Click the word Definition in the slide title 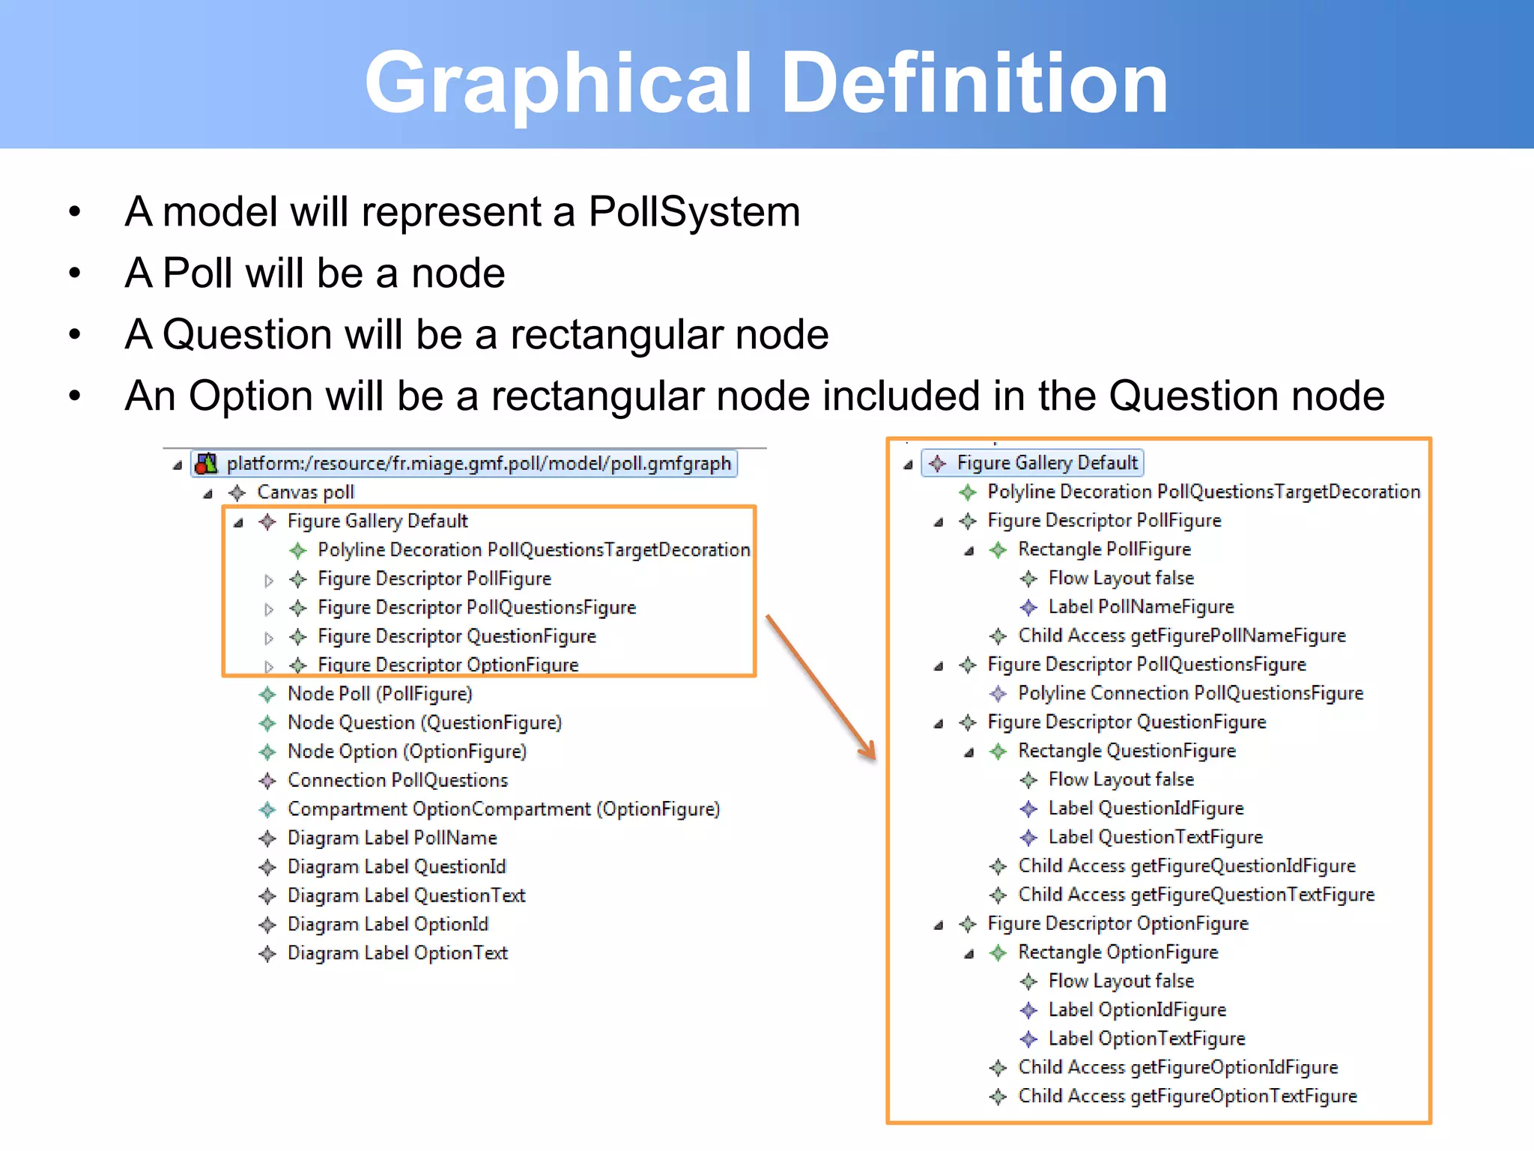coord(974,82)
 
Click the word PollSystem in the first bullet coord(694,211)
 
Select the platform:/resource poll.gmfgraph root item coord(478,464)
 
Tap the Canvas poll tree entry coord(305,492)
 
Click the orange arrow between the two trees coord(821,686)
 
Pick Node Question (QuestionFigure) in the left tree coord(424,723)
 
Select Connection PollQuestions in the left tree coord(397,781)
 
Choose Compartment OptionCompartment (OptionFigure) coord(503,809)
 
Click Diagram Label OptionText coord(397,953)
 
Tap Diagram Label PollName coord(392,838)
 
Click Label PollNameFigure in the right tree coord(1141,607)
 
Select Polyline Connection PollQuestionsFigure coord(1190,693)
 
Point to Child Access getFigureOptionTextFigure coord(1187,1096)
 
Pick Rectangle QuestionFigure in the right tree coord(1127,751)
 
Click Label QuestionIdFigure coord(1145,809)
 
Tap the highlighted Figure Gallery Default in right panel coord(1046,463)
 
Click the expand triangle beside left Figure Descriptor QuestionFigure coord(269,638)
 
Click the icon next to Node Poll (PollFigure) coord(267,695)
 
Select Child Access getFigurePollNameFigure coord(1181,636)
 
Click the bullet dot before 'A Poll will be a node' coord(74,274)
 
